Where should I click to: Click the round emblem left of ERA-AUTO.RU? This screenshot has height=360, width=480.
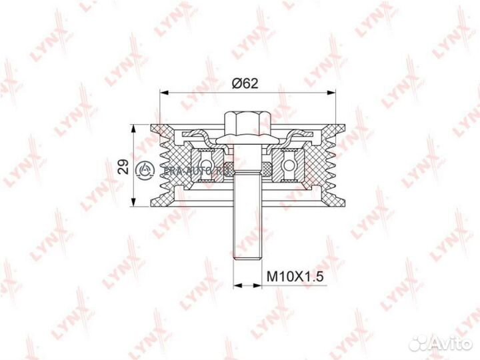click(x=146, y=169)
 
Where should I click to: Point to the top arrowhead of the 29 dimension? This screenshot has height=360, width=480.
click(x=137, y=126)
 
